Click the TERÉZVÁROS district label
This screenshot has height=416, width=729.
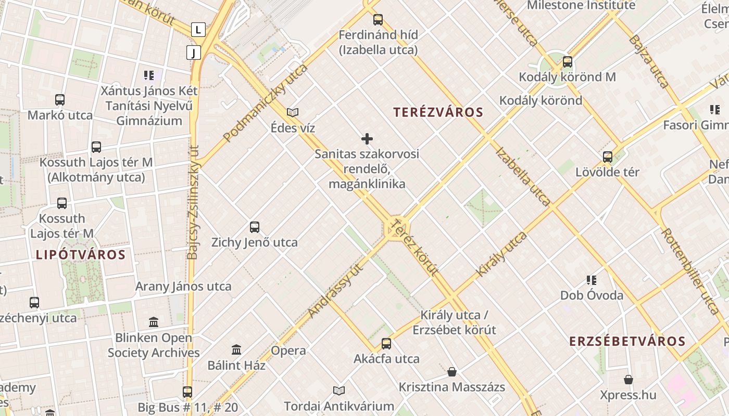point(438,112)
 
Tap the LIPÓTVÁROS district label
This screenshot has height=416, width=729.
point(81,255)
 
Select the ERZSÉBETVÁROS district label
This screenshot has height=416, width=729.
point(627,342)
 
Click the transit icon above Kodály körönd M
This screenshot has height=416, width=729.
point(567,62)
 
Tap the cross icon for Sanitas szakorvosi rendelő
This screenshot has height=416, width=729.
point(367,139)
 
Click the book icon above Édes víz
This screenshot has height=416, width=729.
point(293,112)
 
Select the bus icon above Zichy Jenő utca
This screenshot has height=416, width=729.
point(255,227)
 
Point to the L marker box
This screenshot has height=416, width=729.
point(198,30)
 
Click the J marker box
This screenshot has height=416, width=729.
point(194,53)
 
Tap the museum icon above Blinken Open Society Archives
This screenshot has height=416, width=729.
point(154,322)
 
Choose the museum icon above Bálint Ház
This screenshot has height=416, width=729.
point(236,350)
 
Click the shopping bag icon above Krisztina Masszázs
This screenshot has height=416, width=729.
point(452,372)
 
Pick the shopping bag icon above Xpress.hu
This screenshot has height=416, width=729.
point(629,380)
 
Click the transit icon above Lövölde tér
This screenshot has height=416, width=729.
point(607,157)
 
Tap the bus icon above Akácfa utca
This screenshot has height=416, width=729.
point(386,343)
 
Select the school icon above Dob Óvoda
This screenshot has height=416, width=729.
point(592,280)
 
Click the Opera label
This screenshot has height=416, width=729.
point(288,351)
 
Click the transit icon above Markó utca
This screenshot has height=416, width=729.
point(60,100)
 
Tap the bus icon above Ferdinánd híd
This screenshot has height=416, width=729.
point(378,20)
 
